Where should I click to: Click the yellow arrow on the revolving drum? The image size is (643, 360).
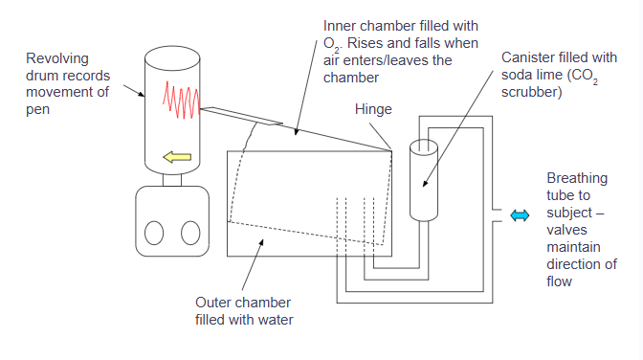tap(177, 157)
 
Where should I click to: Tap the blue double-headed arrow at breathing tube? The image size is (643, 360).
tap(520, 215)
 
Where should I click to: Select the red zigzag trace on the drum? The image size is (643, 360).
tap(181, 101)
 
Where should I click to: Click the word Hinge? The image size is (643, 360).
tap(373, 109)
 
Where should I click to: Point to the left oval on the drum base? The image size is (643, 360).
tap(154, 233)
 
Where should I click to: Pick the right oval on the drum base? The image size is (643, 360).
tap(190, 233)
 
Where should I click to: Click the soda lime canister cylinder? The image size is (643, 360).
tap(424, 181)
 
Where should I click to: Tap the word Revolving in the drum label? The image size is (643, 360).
tap(57, 58)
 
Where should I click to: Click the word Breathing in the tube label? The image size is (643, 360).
tap(577, 178)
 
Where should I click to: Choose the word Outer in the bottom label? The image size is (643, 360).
tap(212, 303)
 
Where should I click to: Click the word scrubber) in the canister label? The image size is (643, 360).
tap(531, 92)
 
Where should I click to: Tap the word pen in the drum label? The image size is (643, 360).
tap(37, 110)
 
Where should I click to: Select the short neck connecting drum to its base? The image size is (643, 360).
tap(172, 180)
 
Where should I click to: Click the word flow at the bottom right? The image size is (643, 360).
tap(559, 281)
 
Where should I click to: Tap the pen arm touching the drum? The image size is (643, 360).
tap(241, 116)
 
